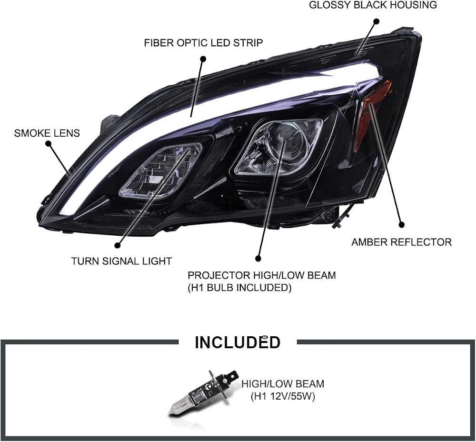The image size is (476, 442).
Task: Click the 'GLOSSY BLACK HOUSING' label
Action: tap(373, 5)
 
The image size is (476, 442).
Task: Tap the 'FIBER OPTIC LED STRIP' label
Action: tap(203, 43)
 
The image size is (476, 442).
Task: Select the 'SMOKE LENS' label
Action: tap(47, 133)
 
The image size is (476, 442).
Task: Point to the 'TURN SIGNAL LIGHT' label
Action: tap(121, 261)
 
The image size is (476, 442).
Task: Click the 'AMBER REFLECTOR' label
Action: tap(402, 242)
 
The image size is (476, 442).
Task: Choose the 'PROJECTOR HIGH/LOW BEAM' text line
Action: tap(262, 275)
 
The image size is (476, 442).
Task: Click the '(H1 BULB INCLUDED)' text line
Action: tap(239, 287)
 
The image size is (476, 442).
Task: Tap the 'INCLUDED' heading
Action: tap(238, 342)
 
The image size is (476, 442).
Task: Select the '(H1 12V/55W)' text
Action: tap(283, 396)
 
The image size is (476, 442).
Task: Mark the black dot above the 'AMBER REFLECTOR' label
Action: tap(402, 225)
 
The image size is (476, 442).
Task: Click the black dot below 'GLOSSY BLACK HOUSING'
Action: tap(377, 21)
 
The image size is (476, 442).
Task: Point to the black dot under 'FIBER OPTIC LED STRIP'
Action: tap(203, 59)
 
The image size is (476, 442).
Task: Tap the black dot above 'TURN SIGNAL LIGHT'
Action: tap(118, 245)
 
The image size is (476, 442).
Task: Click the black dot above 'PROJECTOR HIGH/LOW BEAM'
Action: tap(258, 259)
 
